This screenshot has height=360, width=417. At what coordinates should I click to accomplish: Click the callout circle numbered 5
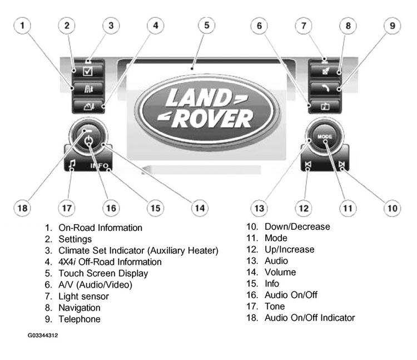[x=207, y=26]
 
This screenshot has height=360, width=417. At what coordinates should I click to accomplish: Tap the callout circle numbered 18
[x=22, y=208]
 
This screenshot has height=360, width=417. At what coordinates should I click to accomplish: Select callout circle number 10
[x=393, y=208]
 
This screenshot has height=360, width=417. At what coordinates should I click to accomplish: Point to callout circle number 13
[x=259, y=208]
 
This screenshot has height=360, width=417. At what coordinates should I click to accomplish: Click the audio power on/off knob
[x=88, y=137]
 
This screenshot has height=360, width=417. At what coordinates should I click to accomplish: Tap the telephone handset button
[x=325, y=88]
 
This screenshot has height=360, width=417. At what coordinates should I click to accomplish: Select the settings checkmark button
[x=88, y=71]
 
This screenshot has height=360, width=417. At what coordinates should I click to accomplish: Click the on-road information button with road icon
[x=88, y=89]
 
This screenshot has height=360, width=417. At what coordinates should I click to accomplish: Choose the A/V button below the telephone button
[x=325, y=106]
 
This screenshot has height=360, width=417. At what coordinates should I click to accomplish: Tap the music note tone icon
[x=72, y=165]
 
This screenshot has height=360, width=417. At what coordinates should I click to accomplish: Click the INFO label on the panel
[x=99, y=166]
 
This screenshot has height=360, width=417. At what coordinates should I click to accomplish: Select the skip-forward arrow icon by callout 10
[x=341, y=165]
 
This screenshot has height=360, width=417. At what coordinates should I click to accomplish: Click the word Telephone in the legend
[x=80, y=319]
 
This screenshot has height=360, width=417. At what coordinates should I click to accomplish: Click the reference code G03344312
[x=43, y=336]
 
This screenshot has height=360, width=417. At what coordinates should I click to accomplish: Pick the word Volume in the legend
[x=280, y=272]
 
